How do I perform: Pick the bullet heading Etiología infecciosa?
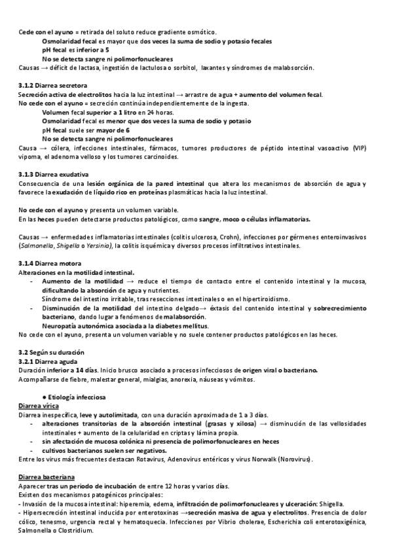pos(74,397)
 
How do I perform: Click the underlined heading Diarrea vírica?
pos(39,406)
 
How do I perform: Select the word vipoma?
pos(29,156)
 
